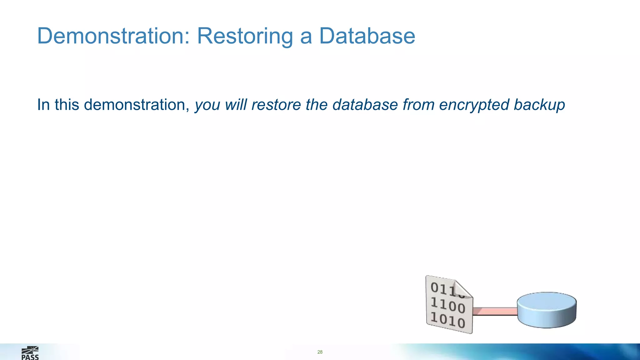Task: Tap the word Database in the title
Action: pos(367,36)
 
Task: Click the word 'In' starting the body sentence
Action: pos(43,105)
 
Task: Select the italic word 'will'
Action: pos(236,105)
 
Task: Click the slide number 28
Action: pos(320,352)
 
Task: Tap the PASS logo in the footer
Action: pos(30,353)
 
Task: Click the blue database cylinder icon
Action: pos(547,310)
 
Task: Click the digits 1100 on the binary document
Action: pos(448,305)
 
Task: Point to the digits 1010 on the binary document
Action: pos(448,320)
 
